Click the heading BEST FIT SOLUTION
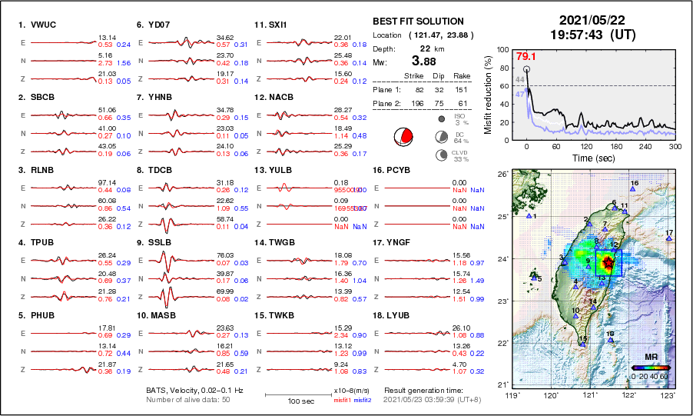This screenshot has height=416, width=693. click(x=418, y=22)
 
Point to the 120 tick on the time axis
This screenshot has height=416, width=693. click(x=586, y=146)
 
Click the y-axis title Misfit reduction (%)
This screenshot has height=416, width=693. click(x=489, y=95)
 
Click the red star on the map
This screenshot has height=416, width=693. click(x=608, y=263)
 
